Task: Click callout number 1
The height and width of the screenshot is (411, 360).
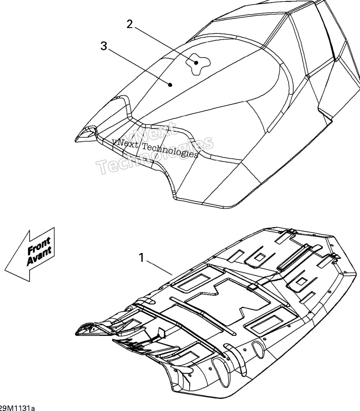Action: [142, 258]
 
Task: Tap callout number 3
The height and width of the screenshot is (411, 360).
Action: [104, 46]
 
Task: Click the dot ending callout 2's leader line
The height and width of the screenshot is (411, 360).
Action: [196, 63]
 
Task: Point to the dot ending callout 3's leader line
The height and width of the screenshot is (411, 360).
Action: [171, 85]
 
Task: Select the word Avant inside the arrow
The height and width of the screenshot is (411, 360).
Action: [39, 255]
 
